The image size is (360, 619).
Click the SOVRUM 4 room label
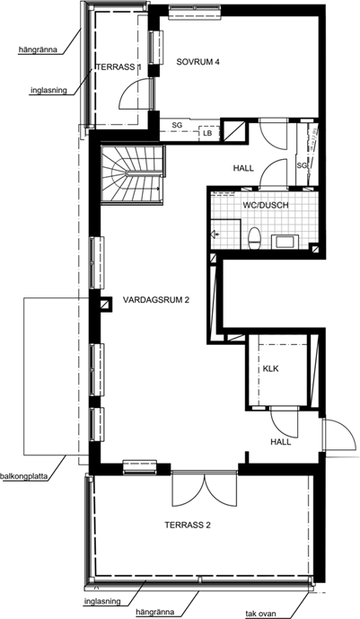click(198, 62)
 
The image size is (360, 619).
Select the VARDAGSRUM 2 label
click(156, 300)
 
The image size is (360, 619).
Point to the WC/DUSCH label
click(266, 205)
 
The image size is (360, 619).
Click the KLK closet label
click(271, 368)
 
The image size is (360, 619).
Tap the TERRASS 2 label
click(188, 525)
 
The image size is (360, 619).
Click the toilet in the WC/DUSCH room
click(253, 238)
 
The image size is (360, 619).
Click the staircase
click(132, 174)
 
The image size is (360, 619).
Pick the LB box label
click(207, 134)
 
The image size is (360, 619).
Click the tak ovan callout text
click(260, 614)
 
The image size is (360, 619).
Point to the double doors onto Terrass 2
click(205, 490)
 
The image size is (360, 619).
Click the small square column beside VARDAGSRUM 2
click(105, 305)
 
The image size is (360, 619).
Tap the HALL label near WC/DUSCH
click(243, 169)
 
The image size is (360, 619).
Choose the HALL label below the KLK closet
click(281, 442)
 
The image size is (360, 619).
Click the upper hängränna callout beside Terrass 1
click(38, 50)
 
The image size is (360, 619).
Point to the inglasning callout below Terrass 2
click(102, 602)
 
